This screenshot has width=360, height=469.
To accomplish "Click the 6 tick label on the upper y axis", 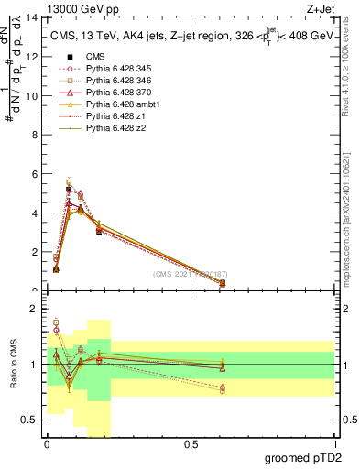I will click(37, 174).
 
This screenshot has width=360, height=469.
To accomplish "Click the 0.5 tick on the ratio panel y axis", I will click(32, 420).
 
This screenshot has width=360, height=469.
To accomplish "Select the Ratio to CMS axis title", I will click(14, 376).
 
